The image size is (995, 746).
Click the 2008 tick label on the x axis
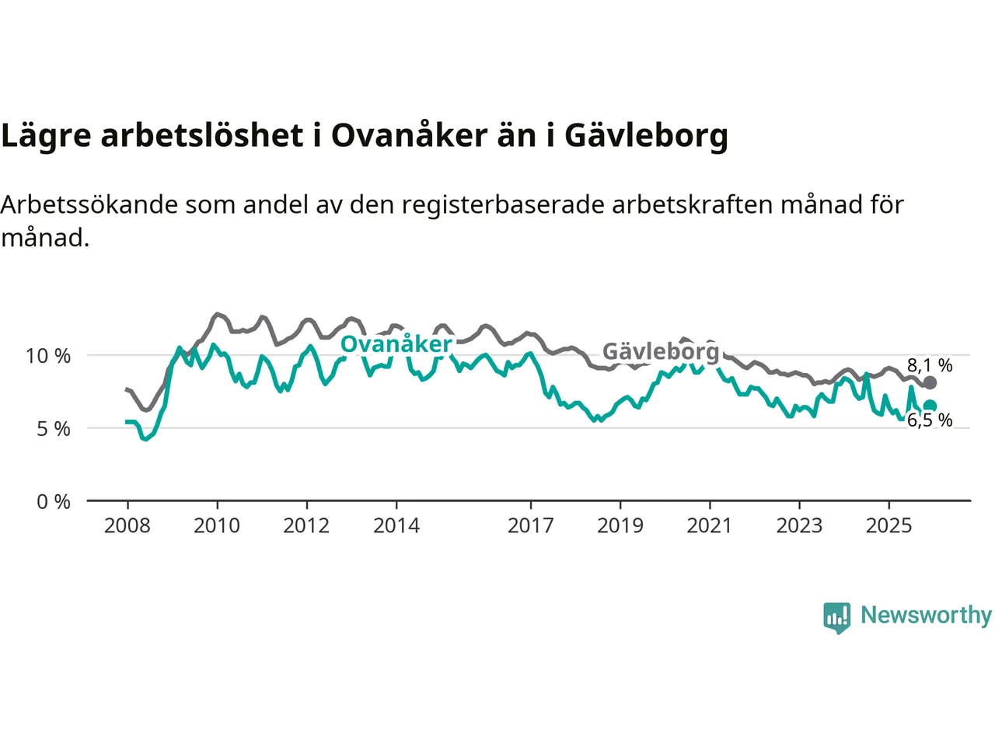(127, 526)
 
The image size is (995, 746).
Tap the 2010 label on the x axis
(217, 526)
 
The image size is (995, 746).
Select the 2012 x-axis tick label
(306, 526)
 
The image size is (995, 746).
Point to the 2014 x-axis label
(396, 526)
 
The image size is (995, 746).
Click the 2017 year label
(531, 526)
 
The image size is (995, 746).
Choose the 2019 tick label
(620, 526)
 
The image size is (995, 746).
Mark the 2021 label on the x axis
(710, 526)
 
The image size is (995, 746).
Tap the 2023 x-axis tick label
(799, 526)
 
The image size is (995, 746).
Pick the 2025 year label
(889, 526)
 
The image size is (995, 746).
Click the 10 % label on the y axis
(48, 357)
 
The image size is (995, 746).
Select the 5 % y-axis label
(54, 429)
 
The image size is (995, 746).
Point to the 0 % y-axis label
(54, 502)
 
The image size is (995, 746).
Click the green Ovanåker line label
(396, 344)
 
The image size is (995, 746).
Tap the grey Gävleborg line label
(661, 351)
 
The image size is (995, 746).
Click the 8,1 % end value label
(930, 365)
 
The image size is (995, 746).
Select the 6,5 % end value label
(930, 420)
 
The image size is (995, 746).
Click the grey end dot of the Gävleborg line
(930, 383)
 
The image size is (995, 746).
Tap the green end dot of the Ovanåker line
(930, 406)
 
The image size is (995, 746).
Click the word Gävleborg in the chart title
(646, 136)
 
